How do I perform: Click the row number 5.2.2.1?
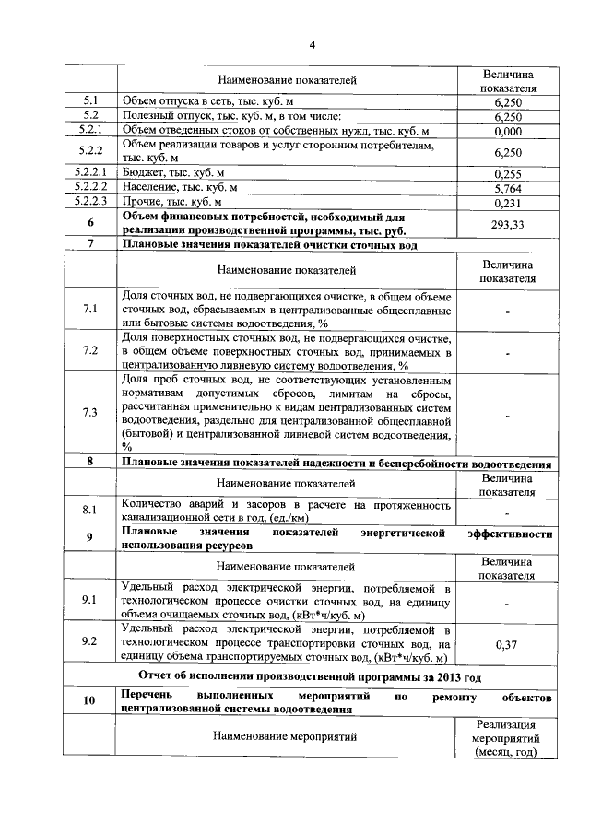(x=90, y=172)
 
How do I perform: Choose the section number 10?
(x=90, y=701)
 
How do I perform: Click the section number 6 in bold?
(x=90, y=223)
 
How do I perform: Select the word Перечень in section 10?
(x=148, y=694)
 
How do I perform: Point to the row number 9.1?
(x=90, y=600)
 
